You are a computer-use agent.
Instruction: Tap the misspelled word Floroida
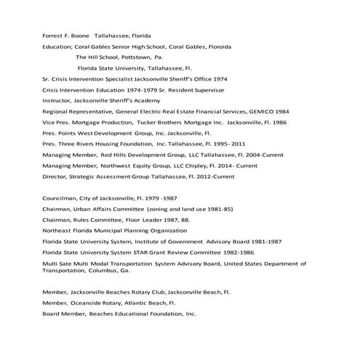coord(217,46)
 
